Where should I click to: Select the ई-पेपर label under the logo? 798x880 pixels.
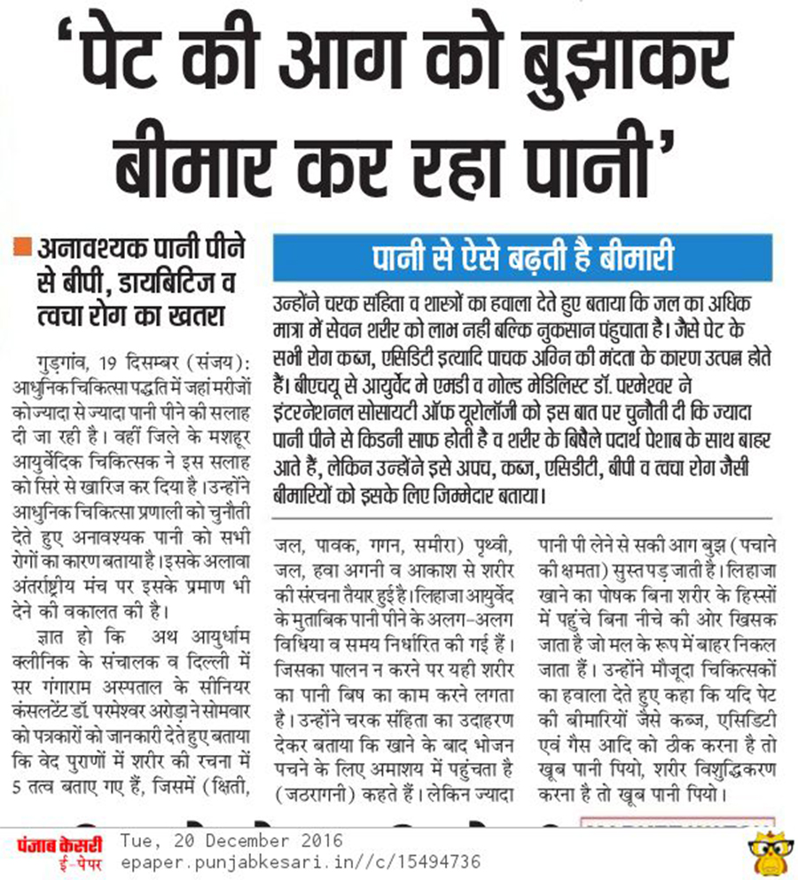[x=59, y=861]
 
